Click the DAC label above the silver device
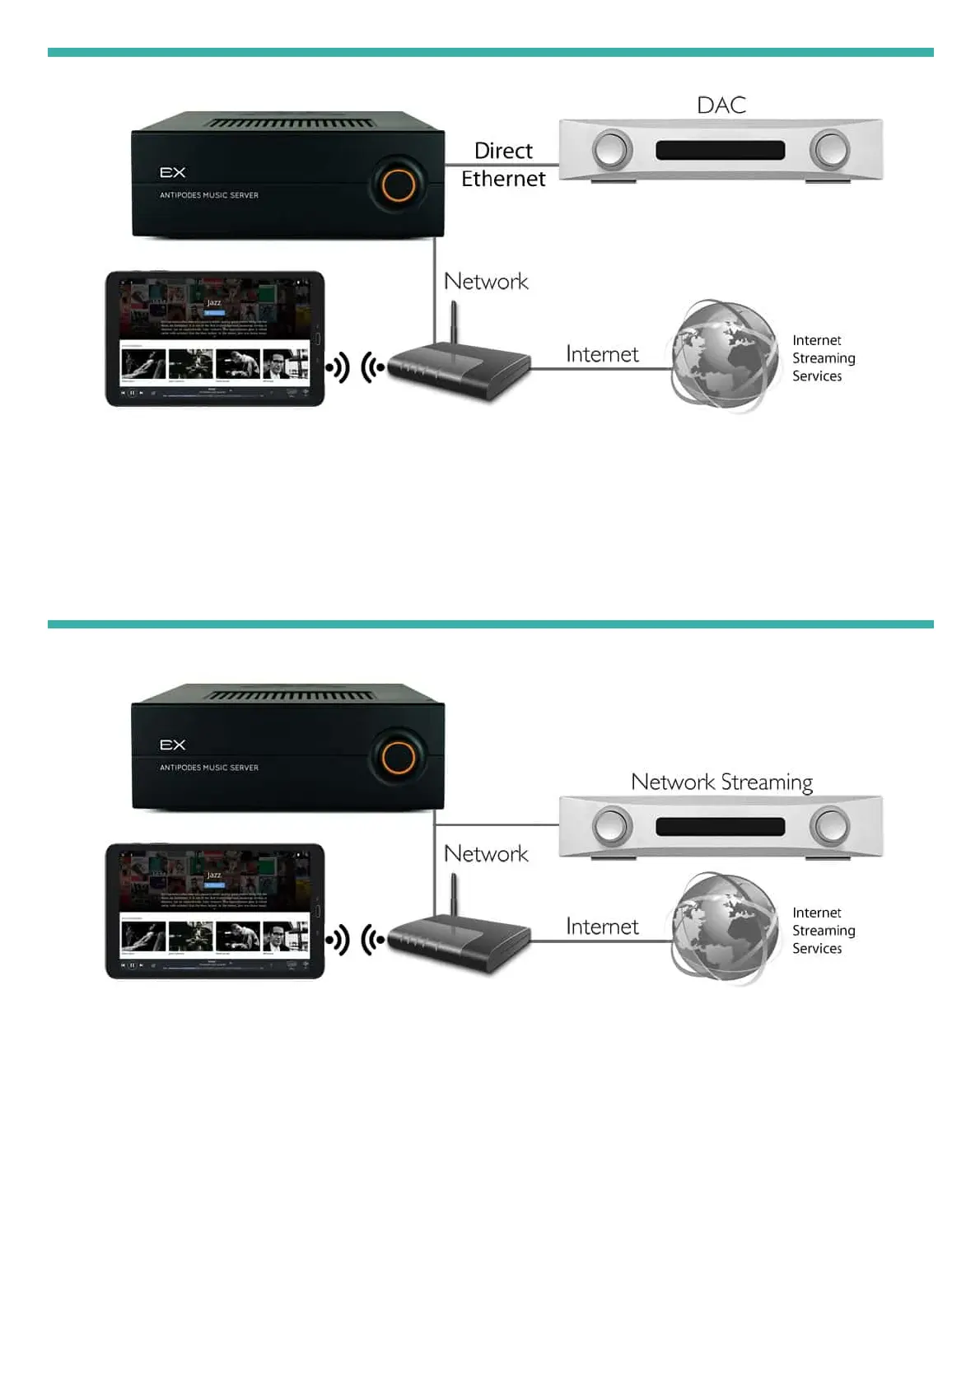point(721,105)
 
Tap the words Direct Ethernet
point(503,165)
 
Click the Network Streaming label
point(721,782)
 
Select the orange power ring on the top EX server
point(398,184)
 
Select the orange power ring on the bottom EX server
point(398,757)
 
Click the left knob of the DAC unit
point(612,151)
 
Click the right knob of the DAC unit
point(829,151)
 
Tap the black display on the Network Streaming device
point(720,826)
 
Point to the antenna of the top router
point(453,321)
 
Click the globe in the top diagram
point(723,355)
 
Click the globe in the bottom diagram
point(723,927)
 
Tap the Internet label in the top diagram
point(602,354)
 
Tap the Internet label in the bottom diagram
point(602,927)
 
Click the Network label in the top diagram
point(486,282)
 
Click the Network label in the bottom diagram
point(486,854)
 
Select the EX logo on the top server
point(173,172)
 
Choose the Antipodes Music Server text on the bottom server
point(209,768)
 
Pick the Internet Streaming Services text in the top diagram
point(823,358)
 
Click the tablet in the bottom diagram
point(215,911)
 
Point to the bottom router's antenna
point(453,894)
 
